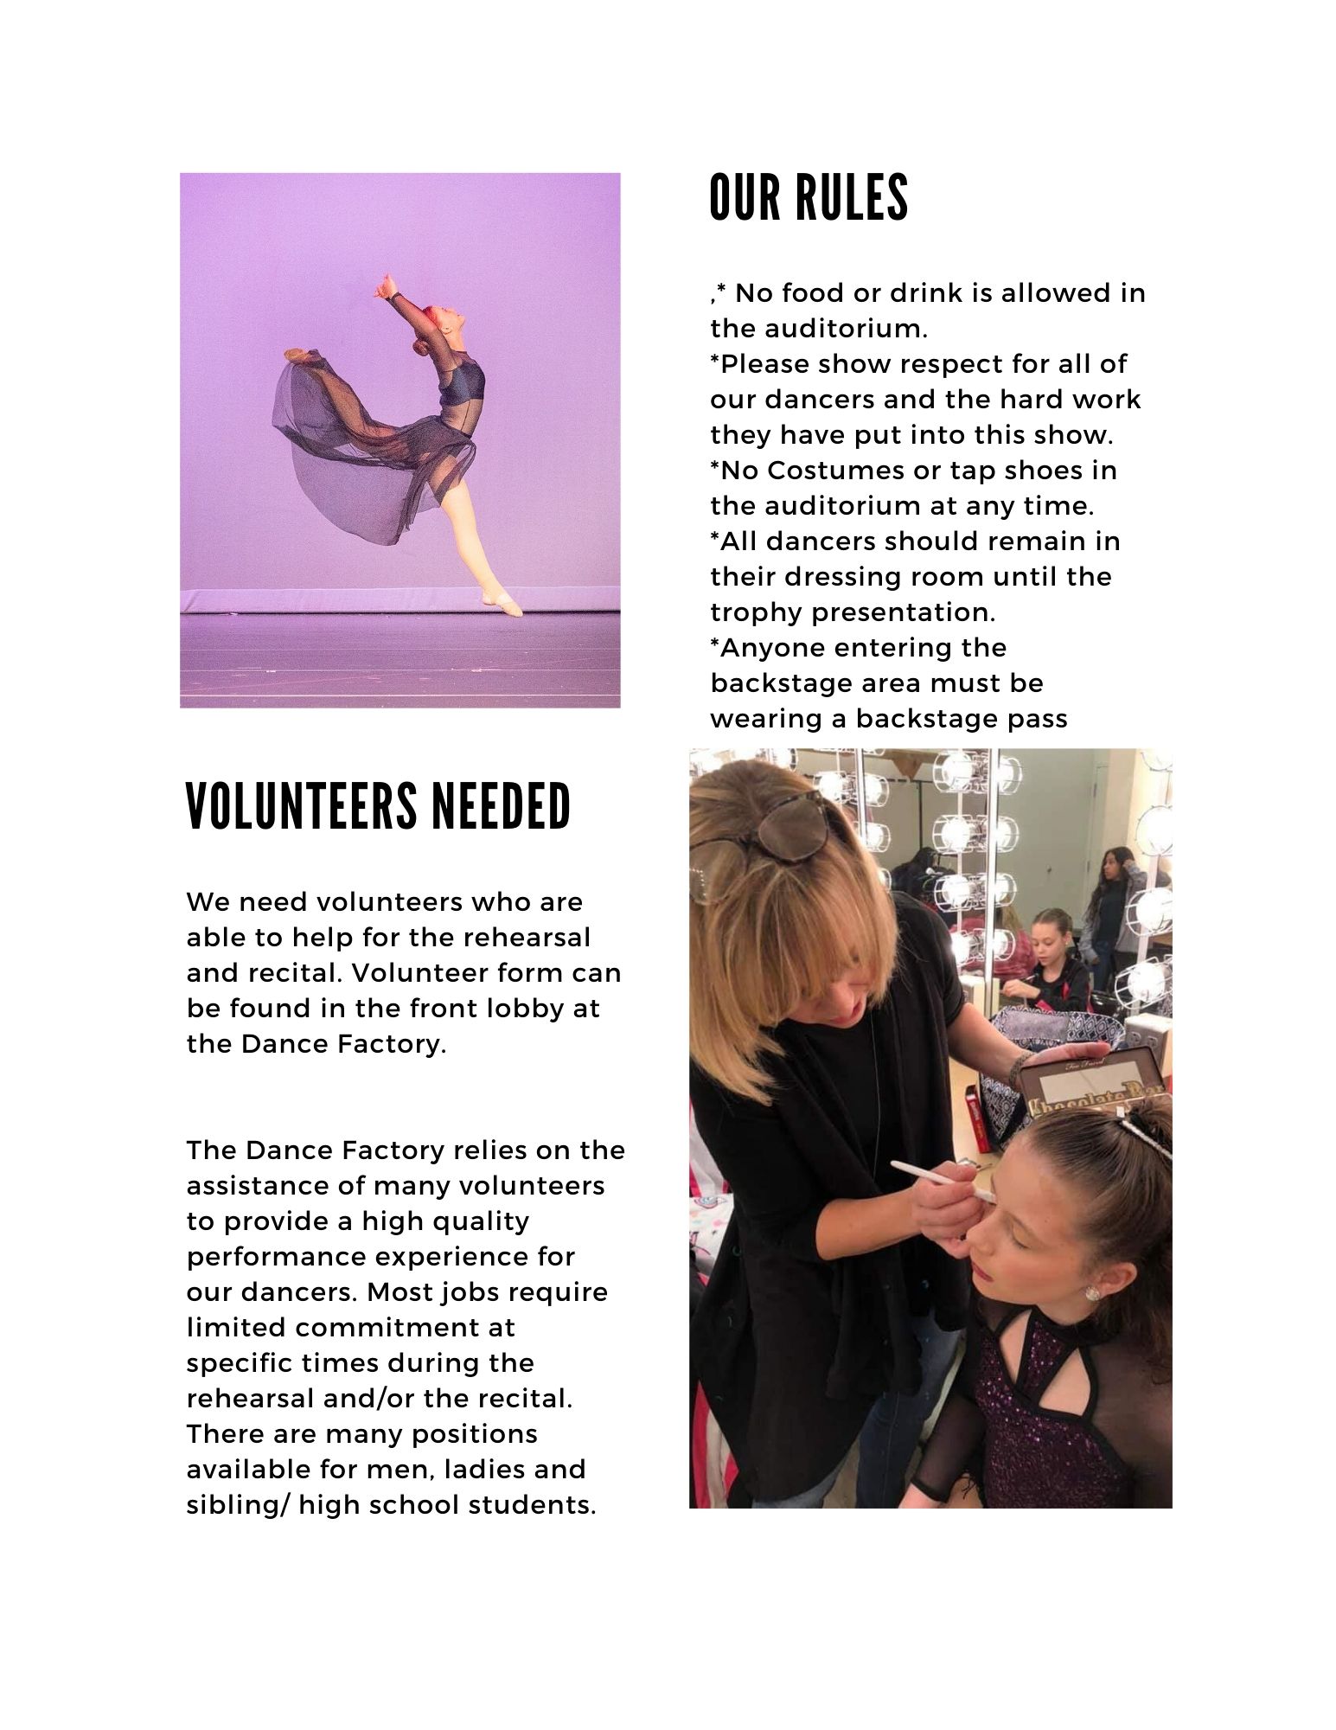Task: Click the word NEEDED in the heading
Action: tap(501, 806)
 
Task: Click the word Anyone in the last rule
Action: tap(777, 648)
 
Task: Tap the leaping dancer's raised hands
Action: tap(385, 286)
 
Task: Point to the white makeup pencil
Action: tap(942, 1181)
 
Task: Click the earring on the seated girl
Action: tap(1092, 1292)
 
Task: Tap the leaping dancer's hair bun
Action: tap(421, 347)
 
